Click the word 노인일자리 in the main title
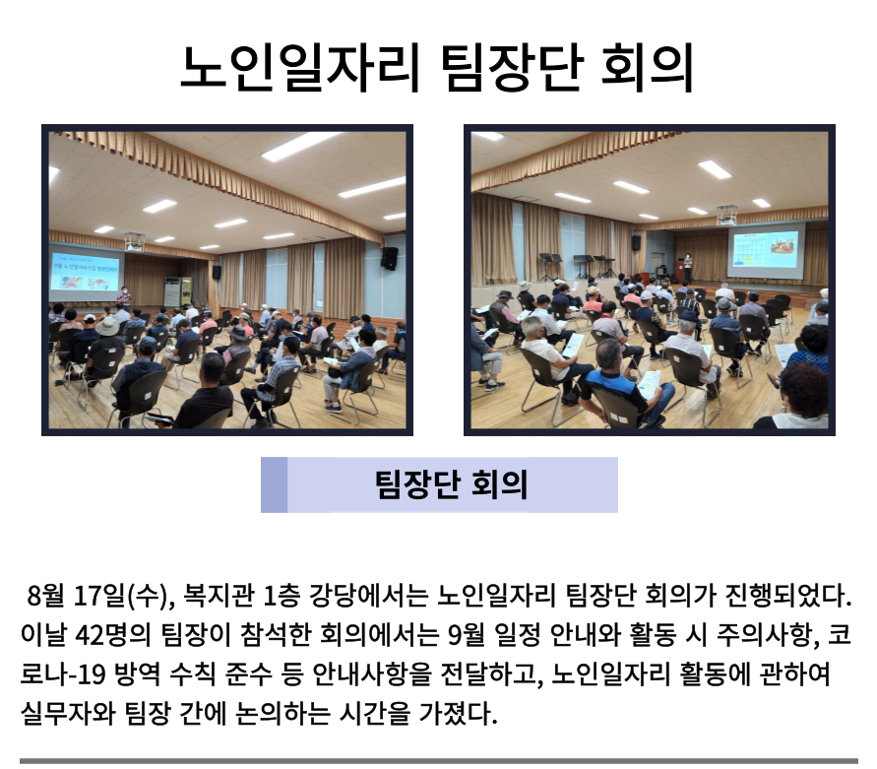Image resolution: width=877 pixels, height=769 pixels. click(x=300, y=68)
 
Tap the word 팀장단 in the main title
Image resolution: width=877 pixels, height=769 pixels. click(x=513, y=68)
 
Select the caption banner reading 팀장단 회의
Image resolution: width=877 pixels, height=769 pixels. click(x=439, y=484)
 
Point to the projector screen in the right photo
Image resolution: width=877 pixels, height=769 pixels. click(x=766, y=250)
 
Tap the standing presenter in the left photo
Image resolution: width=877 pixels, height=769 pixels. click(x=125, y=297)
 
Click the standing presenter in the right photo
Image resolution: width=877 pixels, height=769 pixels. click(x=687, y=268)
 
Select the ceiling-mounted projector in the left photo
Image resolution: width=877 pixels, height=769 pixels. click(x=135, y=242)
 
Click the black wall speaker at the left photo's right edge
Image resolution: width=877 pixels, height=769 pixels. click(x=390, y=259)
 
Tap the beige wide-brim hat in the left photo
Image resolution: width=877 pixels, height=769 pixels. click(x=107, y=326)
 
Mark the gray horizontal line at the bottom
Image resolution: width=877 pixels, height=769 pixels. click(x=439, y=761)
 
